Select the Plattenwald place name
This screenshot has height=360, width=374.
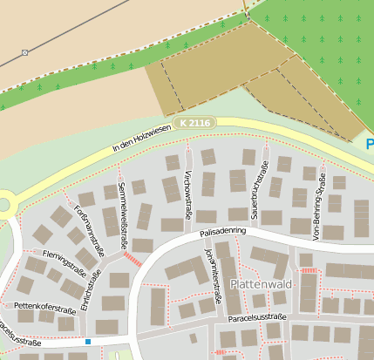(257, 285)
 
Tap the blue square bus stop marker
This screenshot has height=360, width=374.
(88, 341)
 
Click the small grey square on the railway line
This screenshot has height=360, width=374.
(24, 52)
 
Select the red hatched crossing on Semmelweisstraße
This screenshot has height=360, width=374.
(132, 259)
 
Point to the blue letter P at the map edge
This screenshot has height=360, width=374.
(370, 145)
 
